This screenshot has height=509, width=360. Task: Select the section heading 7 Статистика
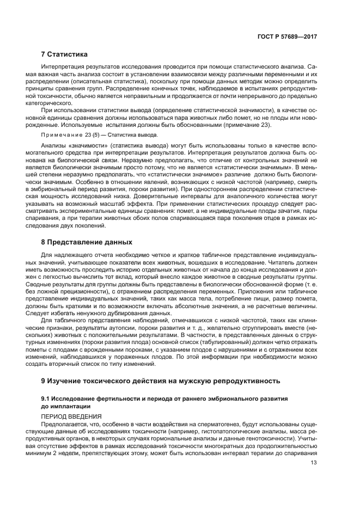coord(64,54)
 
